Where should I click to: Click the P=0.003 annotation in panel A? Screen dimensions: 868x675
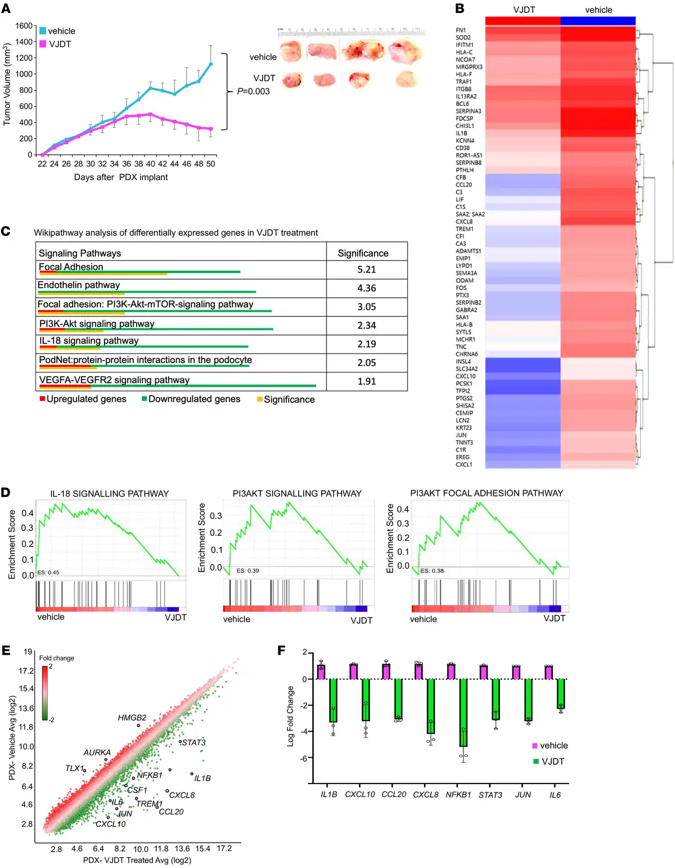point(253,91)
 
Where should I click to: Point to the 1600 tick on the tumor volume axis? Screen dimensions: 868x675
point(24,26)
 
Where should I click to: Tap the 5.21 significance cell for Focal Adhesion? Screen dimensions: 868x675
point(366,270)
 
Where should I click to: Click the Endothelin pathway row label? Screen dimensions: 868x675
point(79,285)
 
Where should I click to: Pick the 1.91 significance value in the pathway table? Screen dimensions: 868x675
point(366,381)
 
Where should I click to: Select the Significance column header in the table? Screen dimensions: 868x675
point(363,253)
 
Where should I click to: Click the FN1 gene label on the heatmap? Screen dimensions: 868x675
point(461,30)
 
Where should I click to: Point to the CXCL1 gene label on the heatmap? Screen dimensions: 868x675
point(464,464)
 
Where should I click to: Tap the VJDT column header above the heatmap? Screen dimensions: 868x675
point(524,10)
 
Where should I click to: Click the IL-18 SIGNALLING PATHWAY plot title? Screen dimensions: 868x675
point(110,494)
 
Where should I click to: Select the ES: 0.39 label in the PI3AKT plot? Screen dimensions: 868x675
point(247,571)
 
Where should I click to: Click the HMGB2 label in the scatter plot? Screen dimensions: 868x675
point(132,718)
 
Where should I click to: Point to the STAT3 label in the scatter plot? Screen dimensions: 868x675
point(194,742)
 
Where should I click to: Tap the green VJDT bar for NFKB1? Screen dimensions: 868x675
point(463,712)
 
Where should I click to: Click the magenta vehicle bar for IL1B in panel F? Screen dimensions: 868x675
point(321,672)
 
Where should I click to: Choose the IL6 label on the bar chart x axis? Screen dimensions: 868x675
point(555,795)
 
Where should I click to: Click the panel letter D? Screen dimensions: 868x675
point(6,493)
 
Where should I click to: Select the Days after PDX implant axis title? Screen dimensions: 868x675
point(121,177)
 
